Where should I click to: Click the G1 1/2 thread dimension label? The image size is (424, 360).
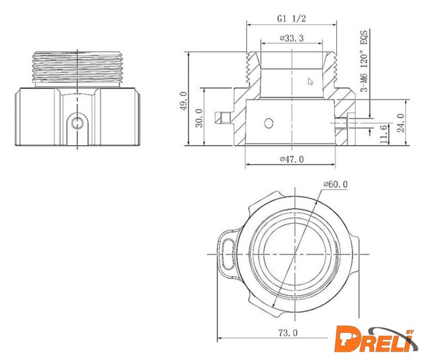coord(291,19)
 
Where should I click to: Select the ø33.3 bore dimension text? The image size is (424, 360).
coord(292,38)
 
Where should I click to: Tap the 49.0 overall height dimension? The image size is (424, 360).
coord(184,101)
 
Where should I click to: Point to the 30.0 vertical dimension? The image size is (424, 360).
coord(199,118)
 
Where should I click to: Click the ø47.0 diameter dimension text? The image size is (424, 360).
coord(292,159)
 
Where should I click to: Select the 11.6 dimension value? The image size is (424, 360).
coord(384,134)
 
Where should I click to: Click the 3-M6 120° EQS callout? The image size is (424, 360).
coord(364,61)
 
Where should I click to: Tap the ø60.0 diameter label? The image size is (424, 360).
coord(336,184)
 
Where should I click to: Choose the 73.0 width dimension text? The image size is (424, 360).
coord(288,333)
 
